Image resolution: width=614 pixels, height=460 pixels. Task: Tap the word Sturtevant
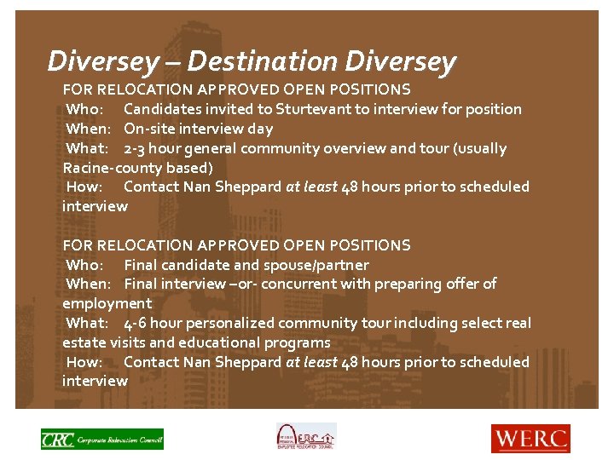310,109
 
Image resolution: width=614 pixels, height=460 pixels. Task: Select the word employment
107,303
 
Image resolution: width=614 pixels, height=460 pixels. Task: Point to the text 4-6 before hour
140,323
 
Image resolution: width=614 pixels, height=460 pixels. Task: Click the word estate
84,342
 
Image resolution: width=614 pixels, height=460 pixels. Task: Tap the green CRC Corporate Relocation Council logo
101,439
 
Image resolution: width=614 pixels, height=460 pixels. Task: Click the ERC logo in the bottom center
305,437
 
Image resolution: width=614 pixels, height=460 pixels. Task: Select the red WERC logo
530,438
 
